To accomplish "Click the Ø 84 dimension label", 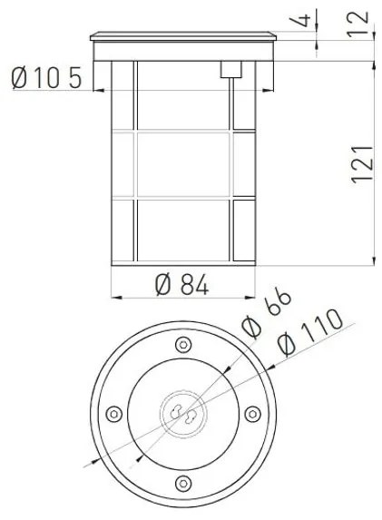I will click(182, 284).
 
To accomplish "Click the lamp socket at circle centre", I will click(183, 414).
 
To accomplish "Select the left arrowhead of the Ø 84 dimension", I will click(115, 298).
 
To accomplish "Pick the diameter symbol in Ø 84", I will click(163, 284).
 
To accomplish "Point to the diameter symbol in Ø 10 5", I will click(24, 79).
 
